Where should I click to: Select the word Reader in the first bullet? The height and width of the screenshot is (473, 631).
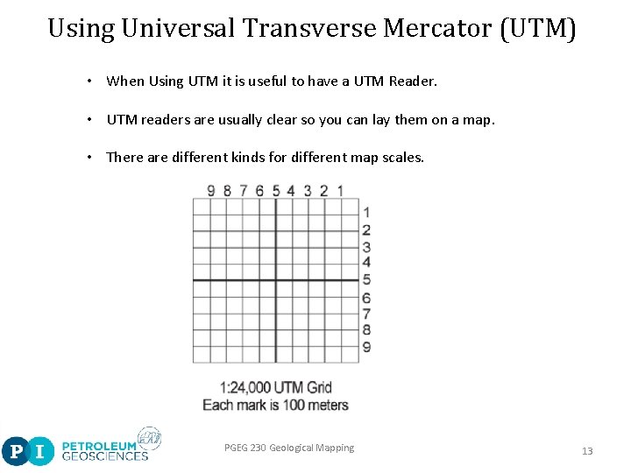coord(412,81)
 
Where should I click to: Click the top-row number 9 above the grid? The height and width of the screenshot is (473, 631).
coord(210,190)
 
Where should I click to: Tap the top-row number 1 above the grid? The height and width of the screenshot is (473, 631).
coord(340,190)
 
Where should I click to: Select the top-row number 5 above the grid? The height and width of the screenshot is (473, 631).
coord(276,190)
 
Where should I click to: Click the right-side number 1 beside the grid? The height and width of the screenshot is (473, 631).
coord(366,212)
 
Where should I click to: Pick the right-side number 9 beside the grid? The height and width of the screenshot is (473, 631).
coord(366,347)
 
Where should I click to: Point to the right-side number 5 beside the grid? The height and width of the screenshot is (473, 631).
coord(366,279)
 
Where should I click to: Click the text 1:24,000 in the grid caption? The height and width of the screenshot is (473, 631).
coord(245,388)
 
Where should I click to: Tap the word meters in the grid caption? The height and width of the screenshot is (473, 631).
coord(328,405)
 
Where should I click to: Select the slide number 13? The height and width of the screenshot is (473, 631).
coord(587,451)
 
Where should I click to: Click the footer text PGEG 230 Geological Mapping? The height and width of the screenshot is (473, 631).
coord(289,448)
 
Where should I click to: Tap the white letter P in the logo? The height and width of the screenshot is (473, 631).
coord(16,452)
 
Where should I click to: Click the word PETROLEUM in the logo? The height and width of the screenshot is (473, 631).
coord(99,445)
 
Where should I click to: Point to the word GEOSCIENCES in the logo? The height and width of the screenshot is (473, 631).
coord(104,455)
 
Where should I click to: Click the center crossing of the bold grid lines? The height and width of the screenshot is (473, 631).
coord(276,280)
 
